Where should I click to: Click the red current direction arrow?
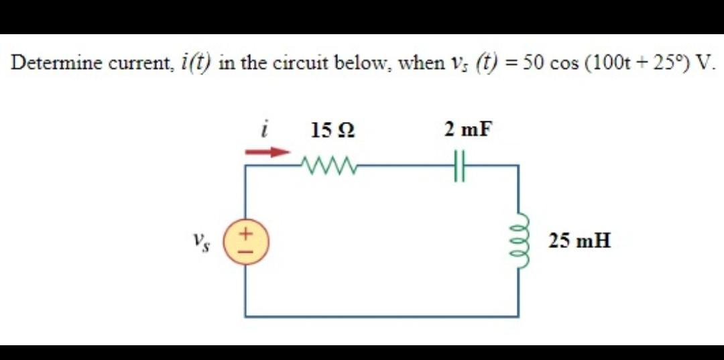coord(267,152)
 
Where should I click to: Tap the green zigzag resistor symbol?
coord(328,164)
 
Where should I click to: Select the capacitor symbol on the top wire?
coord(459,164)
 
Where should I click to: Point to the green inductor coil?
coord(518,241)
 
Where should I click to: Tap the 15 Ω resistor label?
coord(333,131)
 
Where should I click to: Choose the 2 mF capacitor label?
coord(467,129)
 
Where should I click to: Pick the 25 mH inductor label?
coord(579,240)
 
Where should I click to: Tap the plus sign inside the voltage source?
coord(245,235)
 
